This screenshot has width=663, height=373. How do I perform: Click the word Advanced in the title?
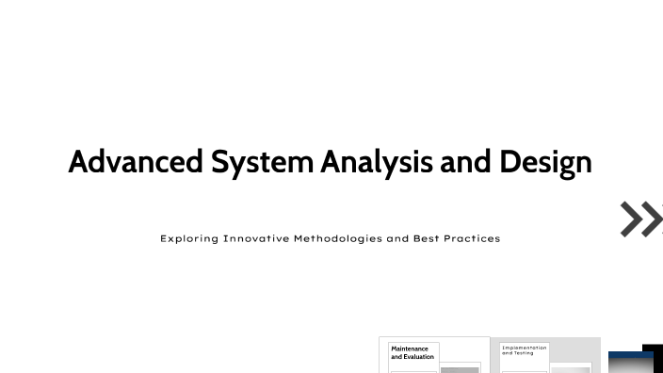136,162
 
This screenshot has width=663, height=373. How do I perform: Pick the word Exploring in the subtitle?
189,238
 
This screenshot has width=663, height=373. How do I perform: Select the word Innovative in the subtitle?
256,238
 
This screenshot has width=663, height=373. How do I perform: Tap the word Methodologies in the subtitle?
338,238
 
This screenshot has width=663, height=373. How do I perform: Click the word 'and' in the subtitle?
397,238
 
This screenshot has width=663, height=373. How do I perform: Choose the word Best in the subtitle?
429,238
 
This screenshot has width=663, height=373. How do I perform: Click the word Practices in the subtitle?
474,238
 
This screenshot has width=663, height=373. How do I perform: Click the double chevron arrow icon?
640,219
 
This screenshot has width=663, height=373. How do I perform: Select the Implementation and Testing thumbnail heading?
524,350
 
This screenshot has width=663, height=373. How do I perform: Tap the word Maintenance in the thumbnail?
410,349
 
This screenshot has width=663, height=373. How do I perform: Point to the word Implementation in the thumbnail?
524,348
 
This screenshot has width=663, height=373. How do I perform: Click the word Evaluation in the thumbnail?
419,357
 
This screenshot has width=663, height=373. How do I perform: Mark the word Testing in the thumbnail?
524,353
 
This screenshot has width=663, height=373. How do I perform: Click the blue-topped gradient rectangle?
629,363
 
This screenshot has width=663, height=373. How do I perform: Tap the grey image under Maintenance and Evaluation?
460,369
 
